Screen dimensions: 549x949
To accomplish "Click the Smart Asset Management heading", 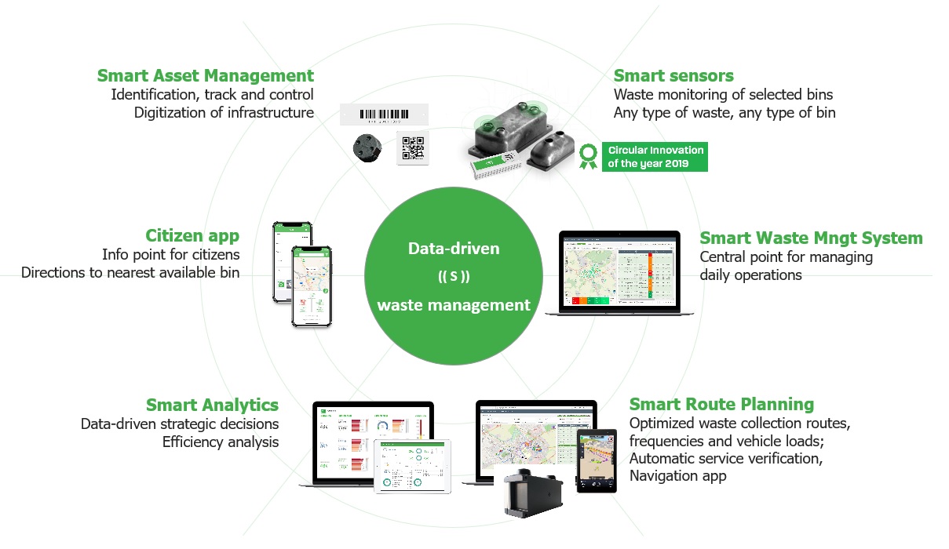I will (205, 76).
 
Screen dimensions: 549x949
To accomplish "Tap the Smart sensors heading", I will (673, 76).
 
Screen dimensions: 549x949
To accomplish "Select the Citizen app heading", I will (192, 236).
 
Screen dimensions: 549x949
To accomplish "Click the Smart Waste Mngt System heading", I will (811, 238).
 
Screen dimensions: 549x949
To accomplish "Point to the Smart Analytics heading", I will (212, 405).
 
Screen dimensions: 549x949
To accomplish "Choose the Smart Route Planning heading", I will (721, 405).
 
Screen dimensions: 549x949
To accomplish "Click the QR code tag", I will (413, 147).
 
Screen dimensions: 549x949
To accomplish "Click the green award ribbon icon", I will (588, 156).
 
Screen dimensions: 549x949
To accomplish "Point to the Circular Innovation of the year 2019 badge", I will (654, 156).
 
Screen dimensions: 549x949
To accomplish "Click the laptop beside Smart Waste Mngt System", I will (619, 273).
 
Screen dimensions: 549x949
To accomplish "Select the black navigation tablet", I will (596, 460).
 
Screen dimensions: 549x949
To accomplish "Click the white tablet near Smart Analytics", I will (414, 467).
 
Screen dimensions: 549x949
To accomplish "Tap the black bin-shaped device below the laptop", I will (535, 495).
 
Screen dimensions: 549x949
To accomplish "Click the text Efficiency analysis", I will (221, 442).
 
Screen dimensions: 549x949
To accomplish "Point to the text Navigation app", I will (677, 476).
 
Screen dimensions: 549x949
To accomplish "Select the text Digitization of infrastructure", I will (224, 113).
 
